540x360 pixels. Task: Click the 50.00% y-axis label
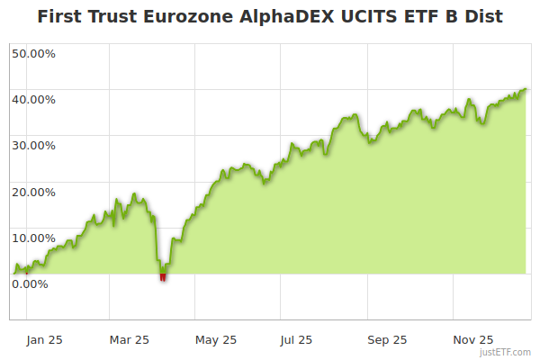coord(33,52)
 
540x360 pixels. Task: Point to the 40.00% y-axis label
coord(33,98)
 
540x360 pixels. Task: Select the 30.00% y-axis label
coord(33,145)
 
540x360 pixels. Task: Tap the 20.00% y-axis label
coord(33,191)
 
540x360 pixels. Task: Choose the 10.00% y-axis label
coord(33,238)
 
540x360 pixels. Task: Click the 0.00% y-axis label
coord(30,283)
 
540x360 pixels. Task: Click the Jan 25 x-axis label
coord(44,339)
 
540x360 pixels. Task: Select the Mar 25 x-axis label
coord(129,339)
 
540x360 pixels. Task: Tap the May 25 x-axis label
coord(216,339)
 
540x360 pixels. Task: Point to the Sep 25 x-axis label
coord(387,339)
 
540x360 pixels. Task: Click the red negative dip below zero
coord(163,276)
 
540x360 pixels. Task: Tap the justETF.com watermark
coord(509,353)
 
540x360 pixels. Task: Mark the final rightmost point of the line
coord(526,89)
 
